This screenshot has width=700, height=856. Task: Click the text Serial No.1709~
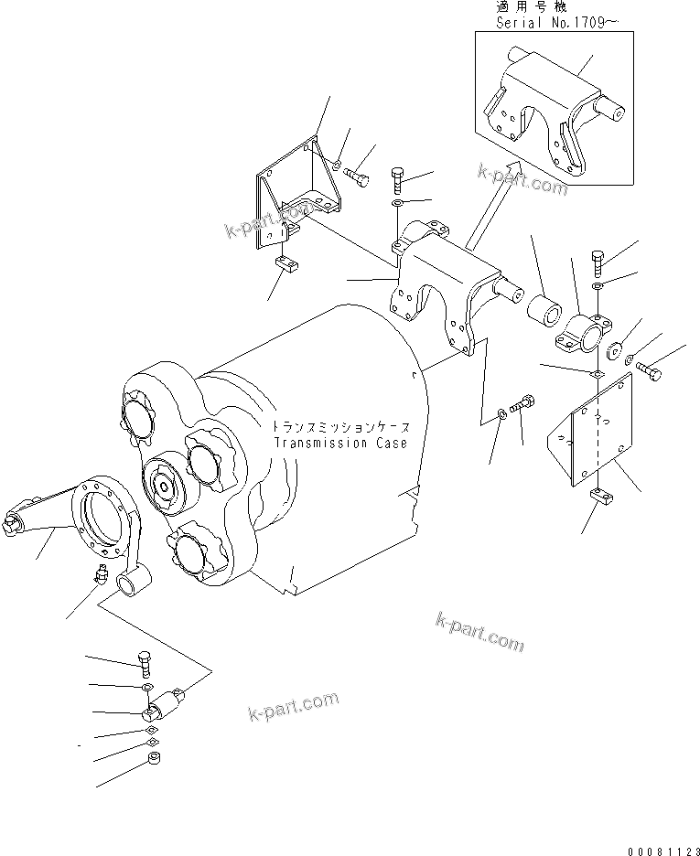pyautogui.click(x=551, y=22)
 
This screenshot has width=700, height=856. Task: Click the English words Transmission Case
pyautogui.click(x=340, y=443)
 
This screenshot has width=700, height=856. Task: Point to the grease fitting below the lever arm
pyautogui.click(x=102, y=576)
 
